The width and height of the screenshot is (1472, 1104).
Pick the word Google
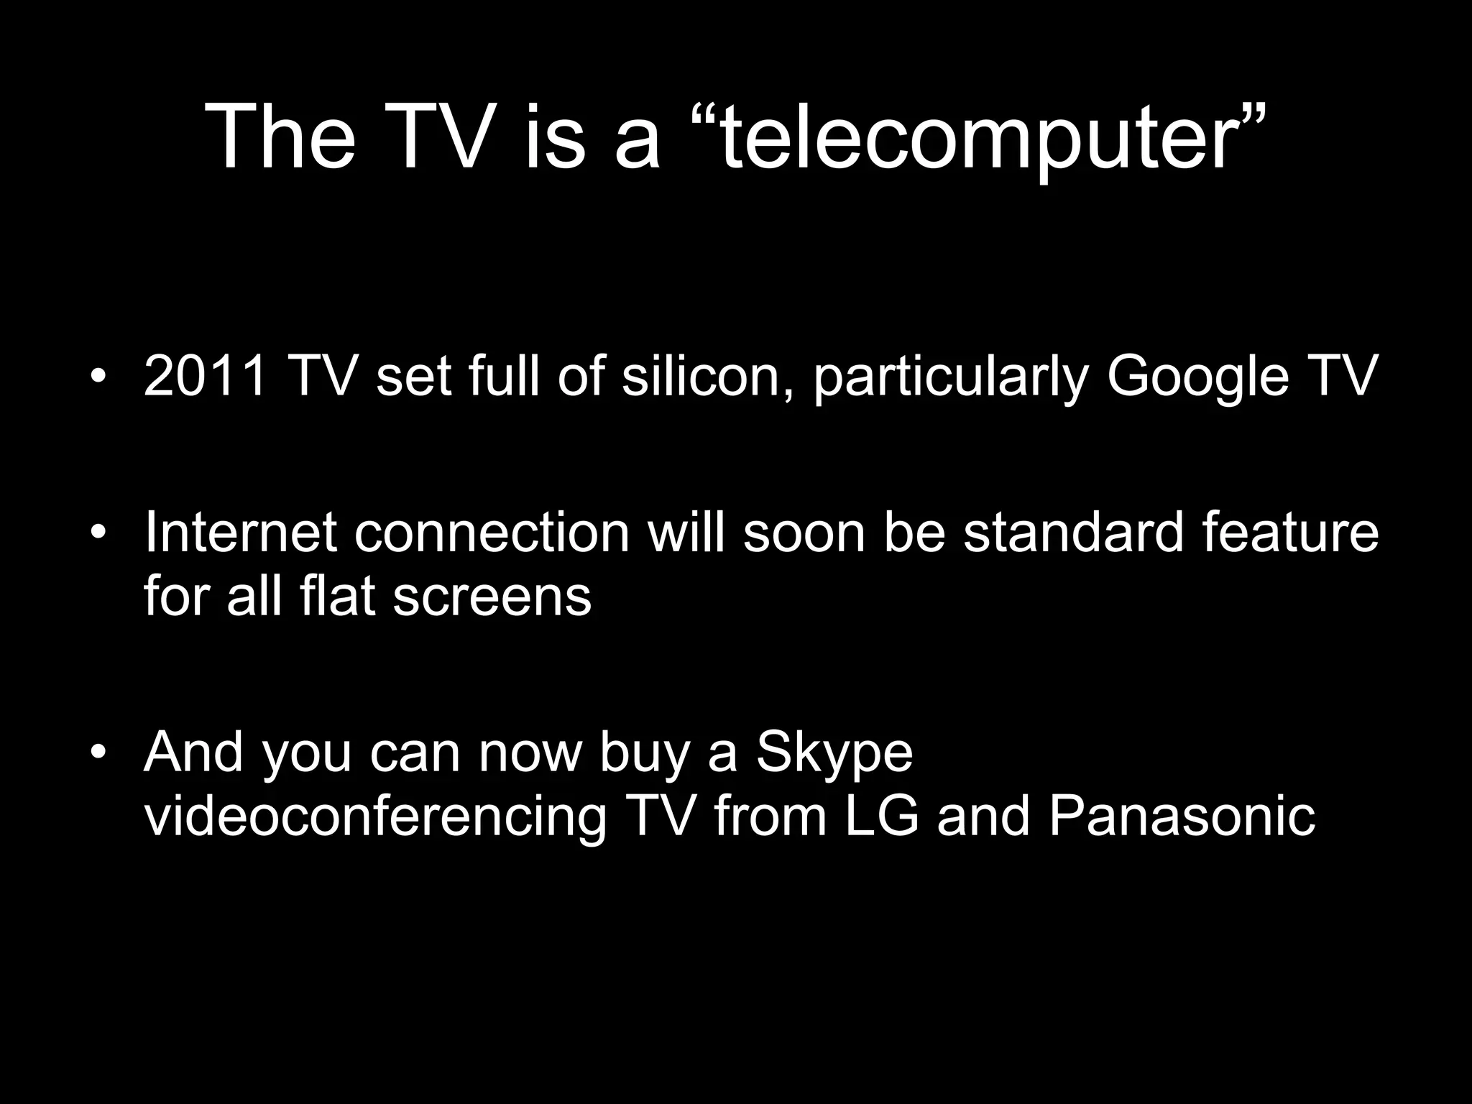tap(1197, 378)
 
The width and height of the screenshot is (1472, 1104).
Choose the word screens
tap(492, 597)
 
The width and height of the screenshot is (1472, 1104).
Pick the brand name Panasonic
tap(1182, 816)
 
